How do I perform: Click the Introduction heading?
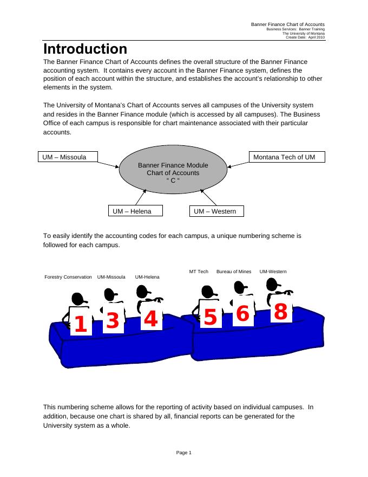coord(85,49)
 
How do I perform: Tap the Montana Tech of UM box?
coord(287,157)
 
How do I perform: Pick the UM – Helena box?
coord(135,211)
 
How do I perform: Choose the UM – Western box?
coord(216,211)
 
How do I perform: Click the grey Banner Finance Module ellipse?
coord(173,172)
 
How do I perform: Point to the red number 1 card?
coord(80,324)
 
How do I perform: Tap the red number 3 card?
coord(113,321)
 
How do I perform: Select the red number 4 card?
coord(150,320)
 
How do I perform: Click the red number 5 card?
coord(210,318)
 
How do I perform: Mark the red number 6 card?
coord(242,314)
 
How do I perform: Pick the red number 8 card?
coord(280,312)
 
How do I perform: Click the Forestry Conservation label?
coord(68,277)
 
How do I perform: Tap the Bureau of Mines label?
coord(234,272)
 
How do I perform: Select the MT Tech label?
coord(199,272)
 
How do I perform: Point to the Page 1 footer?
coord(184,453)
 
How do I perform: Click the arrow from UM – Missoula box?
coord(110,162)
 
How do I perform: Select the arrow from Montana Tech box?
coord(238,163)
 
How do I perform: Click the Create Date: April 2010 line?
coord(305,37)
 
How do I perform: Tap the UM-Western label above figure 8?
coord(273,272)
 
